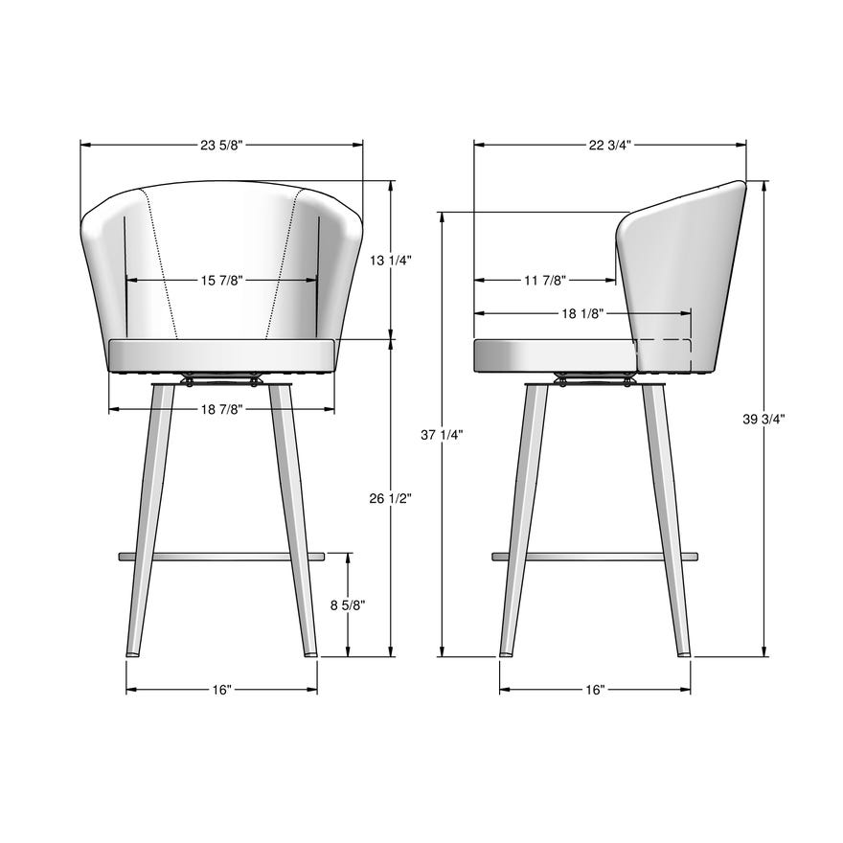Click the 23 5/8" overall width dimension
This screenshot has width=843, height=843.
click(222, 146)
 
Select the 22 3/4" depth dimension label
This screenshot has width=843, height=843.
click(610, 146)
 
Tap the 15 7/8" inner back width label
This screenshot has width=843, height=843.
click(222, 281)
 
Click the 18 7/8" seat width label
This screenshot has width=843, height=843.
click(222, 410)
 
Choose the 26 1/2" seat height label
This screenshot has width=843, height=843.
click(391, 498)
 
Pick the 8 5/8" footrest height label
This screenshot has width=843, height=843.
click(347, 605)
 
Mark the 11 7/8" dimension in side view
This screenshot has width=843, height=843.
click(545, 281)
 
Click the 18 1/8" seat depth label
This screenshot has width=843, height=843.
click(581, 313)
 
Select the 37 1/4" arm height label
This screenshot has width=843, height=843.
click(442, 435)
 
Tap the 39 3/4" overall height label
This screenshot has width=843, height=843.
click(763, 419)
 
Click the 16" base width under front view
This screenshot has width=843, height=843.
click(222, 690)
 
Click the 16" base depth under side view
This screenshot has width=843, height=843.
click(595, 690)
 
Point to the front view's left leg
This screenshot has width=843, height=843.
click(148, 517)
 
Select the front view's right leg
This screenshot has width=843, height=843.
click(294, 517)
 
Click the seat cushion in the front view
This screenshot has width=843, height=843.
click(222, 355)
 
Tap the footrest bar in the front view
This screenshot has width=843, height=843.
click(222, 556)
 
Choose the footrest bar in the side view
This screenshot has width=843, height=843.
click(595, 556)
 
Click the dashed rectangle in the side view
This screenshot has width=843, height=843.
click(663, 355)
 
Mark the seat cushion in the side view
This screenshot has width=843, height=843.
click(554, 355)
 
